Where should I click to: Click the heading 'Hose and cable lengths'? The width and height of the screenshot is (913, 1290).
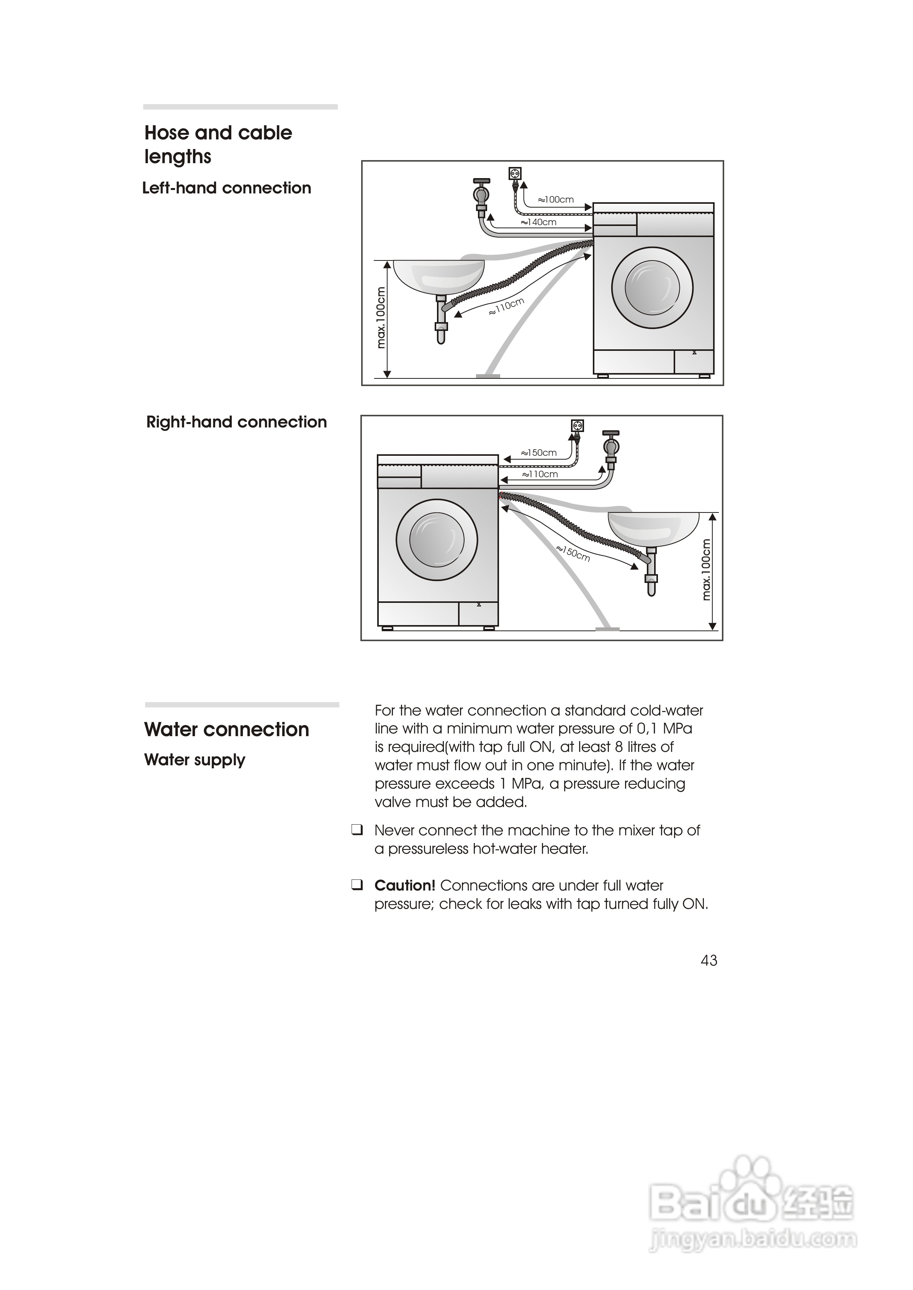(218, 144)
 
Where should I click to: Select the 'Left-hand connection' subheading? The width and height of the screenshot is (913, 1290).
(227, 188)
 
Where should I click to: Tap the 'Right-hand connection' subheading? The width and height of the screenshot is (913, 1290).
(236, 422)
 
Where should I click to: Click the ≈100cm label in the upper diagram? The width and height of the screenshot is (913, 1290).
(556, 200)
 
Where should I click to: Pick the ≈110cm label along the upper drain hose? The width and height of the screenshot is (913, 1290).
(507, 306)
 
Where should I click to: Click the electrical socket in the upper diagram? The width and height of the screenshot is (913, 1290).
(514, 173)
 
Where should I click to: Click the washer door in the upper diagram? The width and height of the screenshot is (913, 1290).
(652, 288)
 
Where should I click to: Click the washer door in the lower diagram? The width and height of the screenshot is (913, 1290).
(437, 540)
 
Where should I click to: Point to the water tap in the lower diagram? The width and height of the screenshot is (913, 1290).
(611, 447)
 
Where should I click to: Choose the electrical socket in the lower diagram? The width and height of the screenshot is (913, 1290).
(578, 426)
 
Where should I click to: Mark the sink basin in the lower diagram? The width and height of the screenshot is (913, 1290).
(653, 528)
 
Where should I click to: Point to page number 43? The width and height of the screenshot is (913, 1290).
(709, 960)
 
